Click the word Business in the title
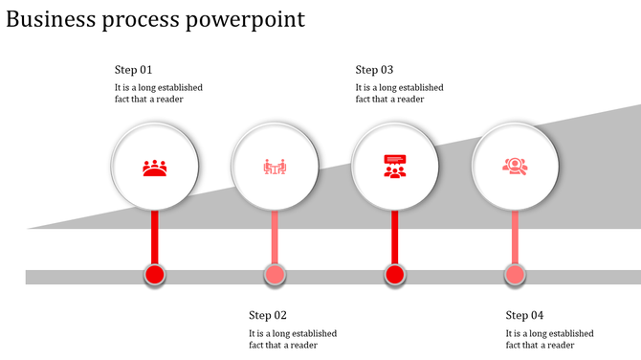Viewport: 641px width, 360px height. (x=52, y=19)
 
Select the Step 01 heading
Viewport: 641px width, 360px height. (x=134, y=70)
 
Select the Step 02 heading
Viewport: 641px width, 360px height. (x=268, y=315)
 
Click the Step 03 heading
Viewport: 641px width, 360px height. (x=374, y=70)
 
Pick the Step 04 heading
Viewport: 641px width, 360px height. (x=524, y=315)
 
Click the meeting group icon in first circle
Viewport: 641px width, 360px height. (x=155, y=168)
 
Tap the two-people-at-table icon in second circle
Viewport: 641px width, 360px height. (x=275, y=168)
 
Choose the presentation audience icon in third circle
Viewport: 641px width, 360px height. (x=394, y=167)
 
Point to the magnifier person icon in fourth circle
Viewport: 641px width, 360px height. (x=515, y=167)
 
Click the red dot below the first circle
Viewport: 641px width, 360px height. (x=155, y=276)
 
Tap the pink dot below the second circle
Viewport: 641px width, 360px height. (x=275, y=276)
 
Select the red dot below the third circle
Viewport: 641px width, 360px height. (x=394, y=276)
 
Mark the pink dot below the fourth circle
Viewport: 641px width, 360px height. (x=515, y=276)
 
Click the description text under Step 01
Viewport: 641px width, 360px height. (x=158, y=93)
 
